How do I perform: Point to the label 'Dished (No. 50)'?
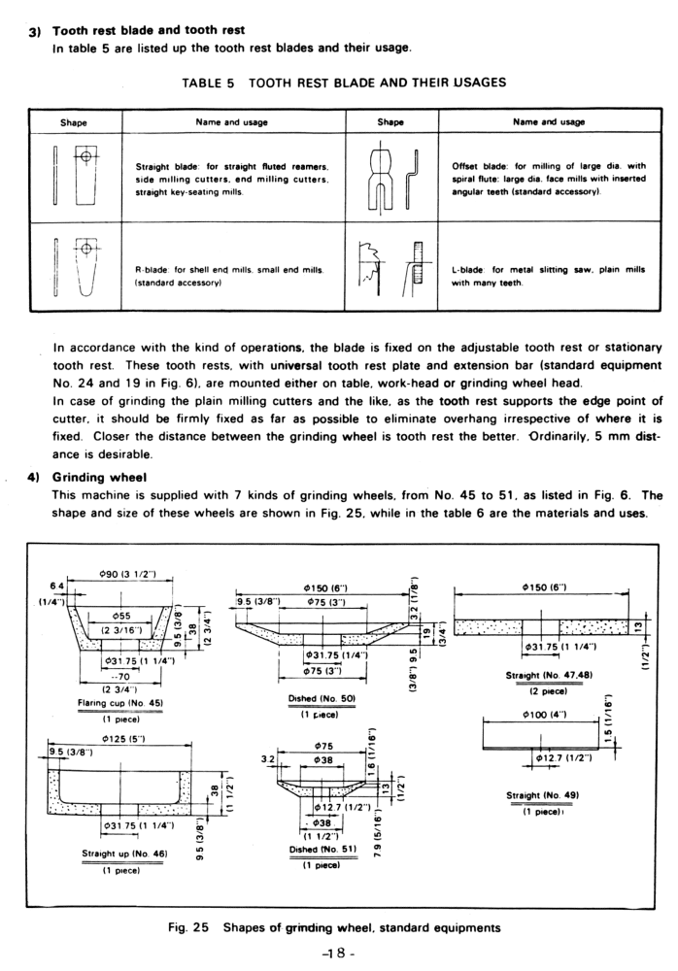(312, 698)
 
